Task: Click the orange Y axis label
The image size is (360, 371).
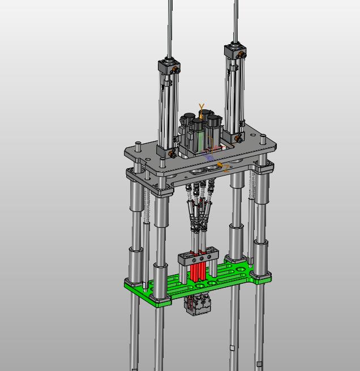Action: pyautogui.click(x=202, y=107)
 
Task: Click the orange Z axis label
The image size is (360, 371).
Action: pyautogui.click(x=226, y=168)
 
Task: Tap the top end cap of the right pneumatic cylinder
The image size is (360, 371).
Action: pyautogui.click(x=235, y=50)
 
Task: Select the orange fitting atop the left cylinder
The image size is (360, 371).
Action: pyautogui.click(x=176, y=70)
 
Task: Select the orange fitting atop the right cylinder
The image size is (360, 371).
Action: pyautogui.click(x=242, y=55)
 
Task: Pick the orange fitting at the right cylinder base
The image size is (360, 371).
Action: pyautogui.click(x=238, y=140)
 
